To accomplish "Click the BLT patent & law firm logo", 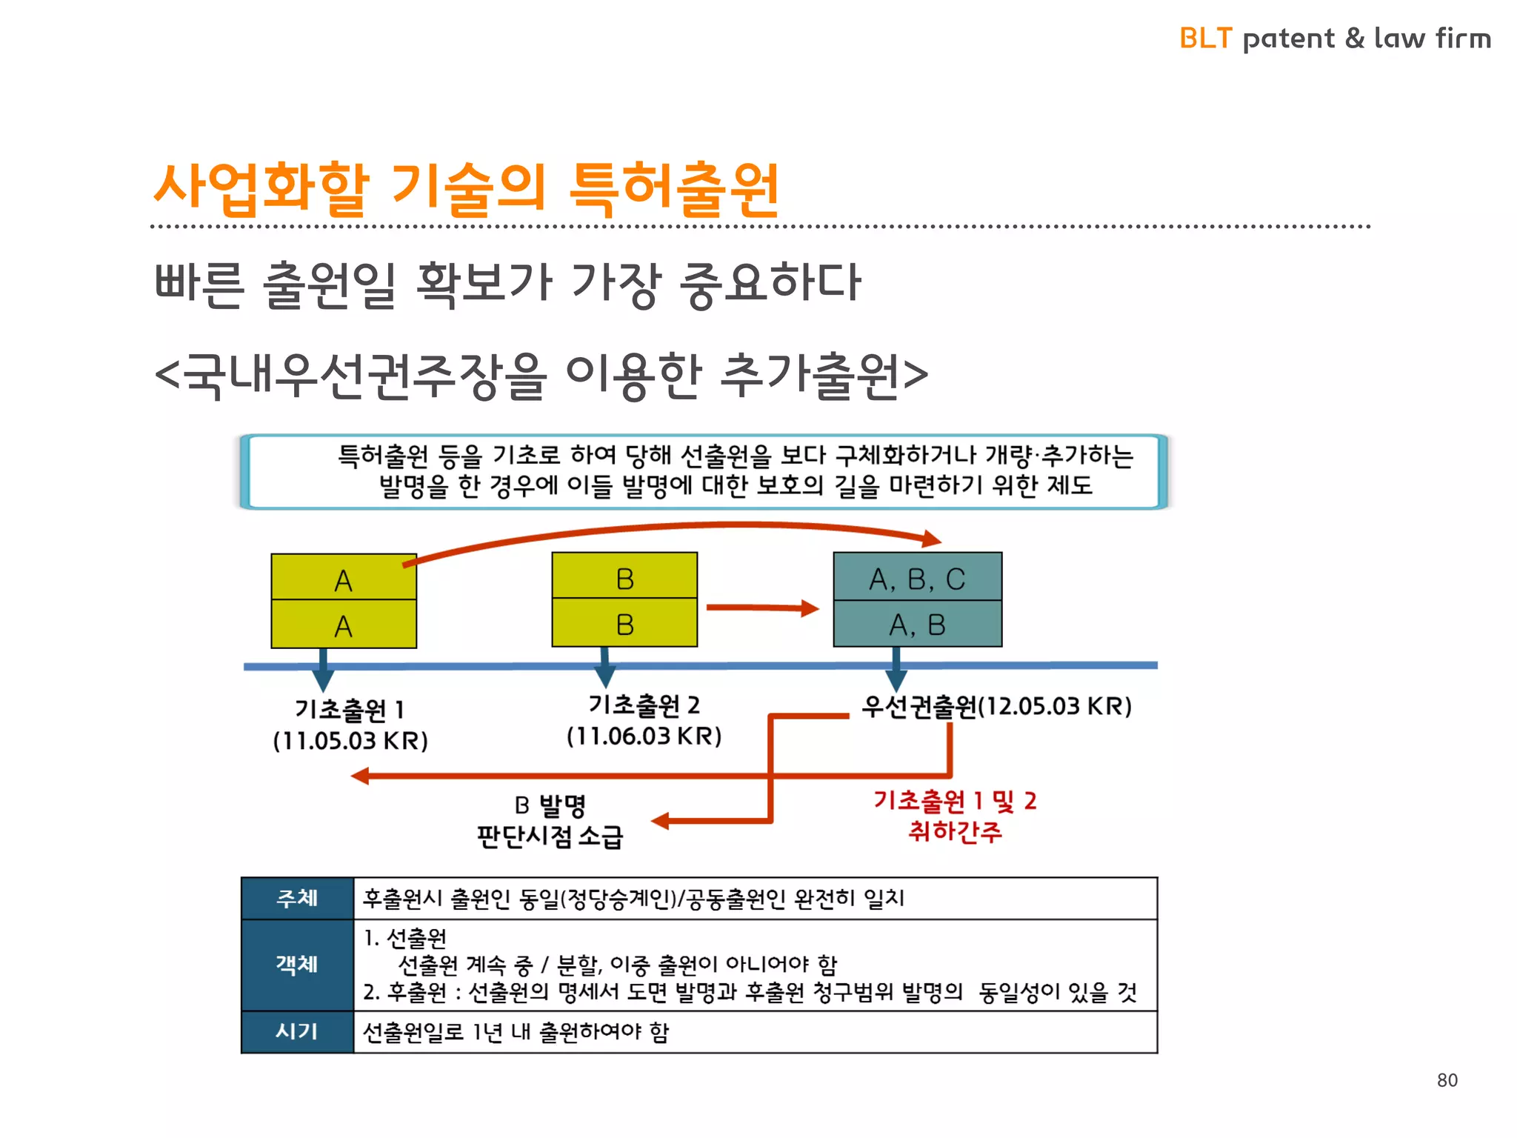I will [1335, 38].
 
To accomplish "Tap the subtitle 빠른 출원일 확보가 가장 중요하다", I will [507, 284].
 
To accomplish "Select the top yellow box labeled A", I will [344, 578].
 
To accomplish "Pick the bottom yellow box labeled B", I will [624, 624].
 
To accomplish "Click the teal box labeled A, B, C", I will [917, 577].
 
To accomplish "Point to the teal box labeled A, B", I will [917, 624].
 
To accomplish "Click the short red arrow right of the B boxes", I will [762, 608].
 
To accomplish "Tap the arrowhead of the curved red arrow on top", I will [932, 539].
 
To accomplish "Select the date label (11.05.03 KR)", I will [350, 740].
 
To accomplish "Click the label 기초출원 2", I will [644, 705].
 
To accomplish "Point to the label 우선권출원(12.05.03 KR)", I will [996, 706].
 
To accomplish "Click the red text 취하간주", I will [955, 831].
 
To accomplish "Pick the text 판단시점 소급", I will [550, 836].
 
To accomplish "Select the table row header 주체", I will [297, 898].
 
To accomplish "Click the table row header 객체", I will [297, 964].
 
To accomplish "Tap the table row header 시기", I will [297, 1031].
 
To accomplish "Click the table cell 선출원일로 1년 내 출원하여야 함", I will [516, 1031].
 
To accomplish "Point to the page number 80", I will [1447, 1080].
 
